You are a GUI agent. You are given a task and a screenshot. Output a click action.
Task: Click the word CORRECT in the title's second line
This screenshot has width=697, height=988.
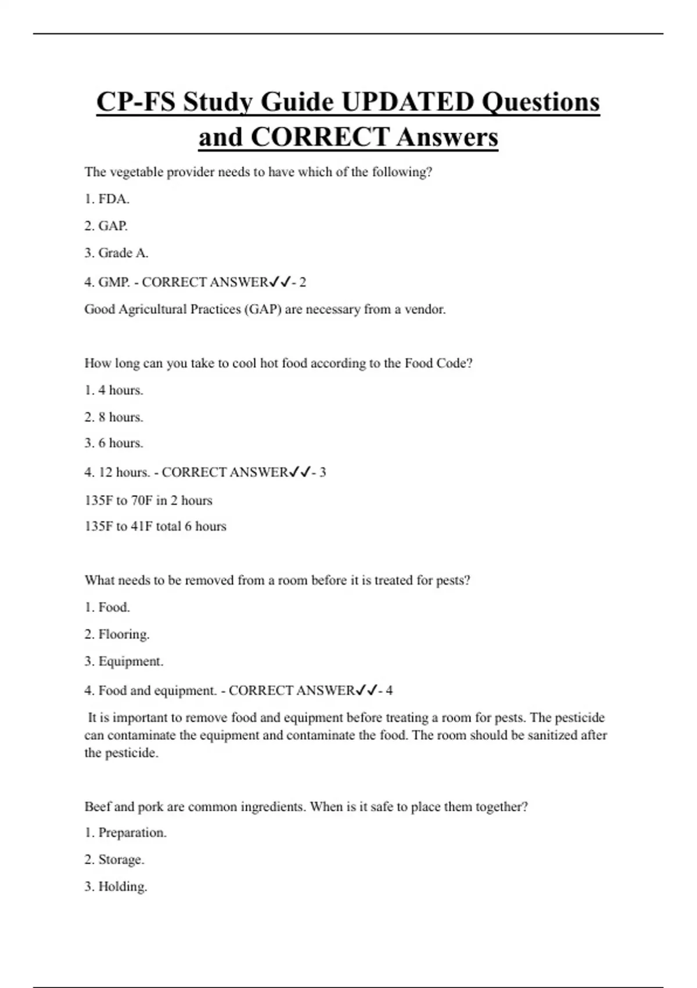(x=319, y=138)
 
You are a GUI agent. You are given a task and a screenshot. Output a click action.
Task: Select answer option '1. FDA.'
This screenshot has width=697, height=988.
(x=107, y=199)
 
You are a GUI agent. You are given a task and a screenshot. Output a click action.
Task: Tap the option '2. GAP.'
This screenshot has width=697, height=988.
(x=106, y=226)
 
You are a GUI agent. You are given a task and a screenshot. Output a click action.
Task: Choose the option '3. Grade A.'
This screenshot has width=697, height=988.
(x=116, y=253)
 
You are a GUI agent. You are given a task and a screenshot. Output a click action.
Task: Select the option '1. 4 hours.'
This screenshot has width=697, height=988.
(x=114, y=390)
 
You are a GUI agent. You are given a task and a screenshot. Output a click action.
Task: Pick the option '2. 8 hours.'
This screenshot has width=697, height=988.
(x=114, y=417)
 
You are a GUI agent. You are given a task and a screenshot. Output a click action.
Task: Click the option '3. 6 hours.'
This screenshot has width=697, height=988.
(x=114, y=443)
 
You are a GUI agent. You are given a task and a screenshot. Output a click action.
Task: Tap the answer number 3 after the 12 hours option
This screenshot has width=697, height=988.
(x=323, y=472)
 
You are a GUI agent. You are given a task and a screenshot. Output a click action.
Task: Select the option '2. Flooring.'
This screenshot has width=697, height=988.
(x=117, y=634)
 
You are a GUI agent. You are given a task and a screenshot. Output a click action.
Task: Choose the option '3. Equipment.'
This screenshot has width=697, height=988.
(x=124, y=661)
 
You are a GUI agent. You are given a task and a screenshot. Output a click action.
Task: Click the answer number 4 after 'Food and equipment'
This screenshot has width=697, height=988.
(x=389, y=690)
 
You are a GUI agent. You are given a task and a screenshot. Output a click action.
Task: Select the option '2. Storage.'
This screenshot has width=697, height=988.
(x=114, y=860)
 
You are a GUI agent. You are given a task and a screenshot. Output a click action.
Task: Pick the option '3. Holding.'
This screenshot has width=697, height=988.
(x=116, y=887)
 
